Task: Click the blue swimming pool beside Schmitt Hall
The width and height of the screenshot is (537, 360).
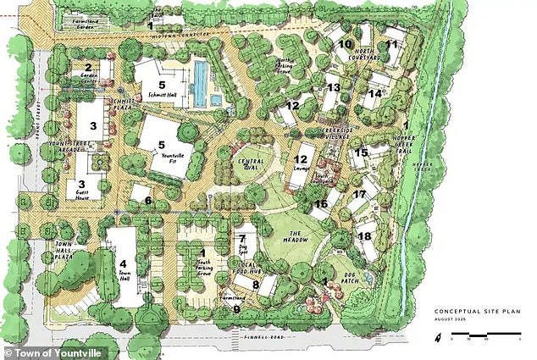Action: click(200, 80)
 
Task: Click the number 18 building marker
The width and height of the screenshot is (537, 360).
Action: click(365, 237)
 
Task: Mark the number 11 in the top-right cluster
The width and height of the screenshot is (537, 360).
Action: click(391, 44)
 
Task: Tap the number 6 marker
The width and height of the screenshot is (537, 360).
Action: click(147, 201)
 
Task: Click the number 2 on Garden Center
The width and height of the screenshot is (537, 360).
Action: click(87, 67)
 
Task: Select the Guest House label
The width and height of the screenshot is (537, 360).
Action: click(83, 193)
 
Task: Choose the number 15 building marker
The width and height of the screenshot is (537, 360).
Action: click(362, 152)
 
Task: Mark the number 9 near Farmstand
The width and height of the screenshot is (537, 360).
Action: click(237, 311)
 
